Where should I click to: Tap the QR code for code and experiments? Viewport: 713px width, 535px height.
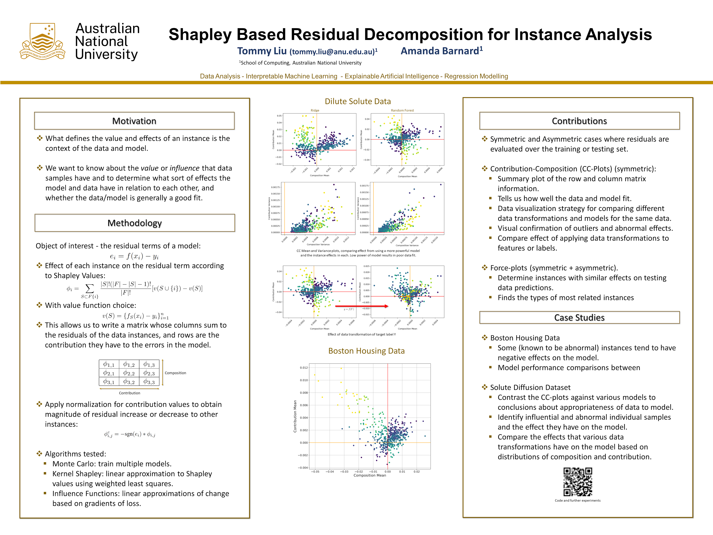pyautogui.click(x=578, y=482)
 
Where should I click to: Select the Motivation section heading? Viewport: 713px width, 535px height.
pyautogui.click(x=134, y=121)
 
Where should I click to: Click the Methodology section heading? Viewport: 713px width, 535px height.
pyautogui.click(x=134, y=223)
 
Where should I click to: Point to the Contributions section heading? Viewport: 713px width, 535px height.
pyautogui.click(x=579, y=121)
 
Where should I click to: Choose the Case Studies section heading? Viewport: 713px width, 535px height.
pyautogui.click(x=579, y=317)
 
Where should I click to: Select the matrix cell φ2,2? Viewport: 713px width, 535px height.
pyautogui.click(x=129, y=373)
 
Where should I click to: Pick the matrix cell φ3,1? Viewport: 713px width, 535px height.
pyautogui.click(x=109, y=382)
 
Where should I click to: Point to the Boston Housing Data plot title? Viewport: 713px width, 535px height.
pyautogui.click(x=366, y=351)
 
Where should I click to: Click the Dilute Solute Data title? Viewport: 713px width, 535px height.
pyautogui.click(x=357, y=101)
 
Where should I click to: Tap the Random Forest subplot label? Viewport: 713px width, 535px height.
pyautogui.click(x=402, y=110)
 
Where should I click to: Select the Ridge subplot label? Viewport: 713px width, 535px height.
pyautogui.click(x=315, y=110)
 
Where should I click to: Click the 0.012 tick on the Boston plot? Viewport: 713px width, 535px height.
pyautogui.click(x=304, y=368)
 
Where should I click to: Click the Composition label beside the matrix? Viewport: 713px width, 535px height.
pyautogui.click(x=175, y=373)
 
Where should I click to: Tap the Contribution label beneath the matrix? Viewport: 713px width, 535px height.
pyautogui.click(x=130, y=393)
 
